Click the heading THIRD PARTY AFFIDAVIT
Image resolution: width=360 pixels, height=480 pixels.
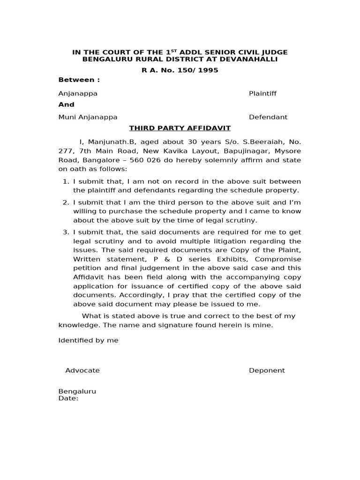(x=180, y=128)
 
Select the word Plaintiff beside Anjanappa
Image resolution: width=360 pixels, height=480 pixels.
(x=262, y=93)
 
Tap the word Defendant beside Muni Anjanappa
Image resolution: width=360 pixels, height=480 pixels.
(x=268, y=117)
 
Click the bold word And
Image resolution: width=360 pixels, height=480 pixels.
(x=66, y=105)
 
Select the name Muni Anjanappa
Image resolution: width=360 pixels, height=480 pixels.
(x=88, y=117)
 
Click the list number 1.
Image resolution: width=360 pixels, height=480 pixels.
(x=65, y=181)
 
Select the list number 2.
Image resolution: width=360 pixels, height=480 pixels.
(x=65, y=202)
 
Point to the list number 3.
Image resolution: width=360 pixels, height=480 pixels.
(x=65, y=232)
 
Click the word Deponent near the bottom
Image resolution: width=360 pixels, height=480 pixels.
(x=267, y=370)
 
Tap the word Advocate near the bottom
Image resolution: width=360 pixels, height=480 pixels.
(x=82, y=370)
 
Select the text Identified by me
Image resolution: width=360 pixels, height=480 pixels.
(x=88, y=340)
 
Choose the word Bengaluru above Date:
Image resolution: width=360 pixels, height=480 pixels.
(x=77, y=391)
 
